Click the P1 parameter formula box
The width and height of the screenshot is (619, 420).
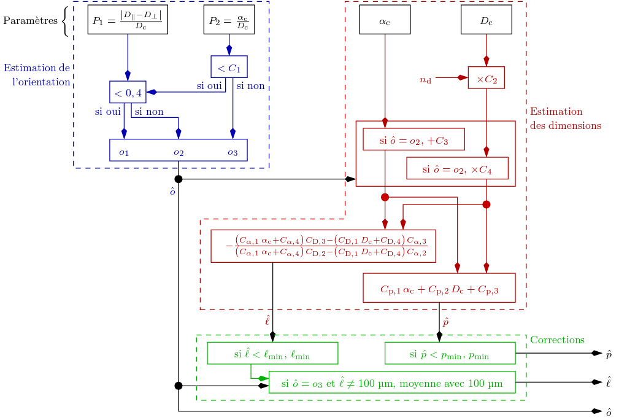128,20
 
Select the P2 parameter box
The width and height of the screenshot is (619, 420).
229,20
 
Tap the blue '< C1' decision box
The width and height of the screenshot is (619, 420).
229,67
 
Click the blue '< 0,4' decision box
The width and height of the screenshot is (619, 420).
128,92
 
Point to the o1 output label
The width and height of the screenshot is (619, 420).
124,151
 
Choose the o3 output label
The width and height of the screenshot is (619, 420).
232,151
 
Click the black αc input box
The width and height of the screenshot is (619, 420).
385,20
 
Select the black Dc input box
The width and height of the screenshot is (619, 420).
486,20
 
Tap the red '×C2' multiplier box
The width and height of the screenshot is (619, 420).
486,78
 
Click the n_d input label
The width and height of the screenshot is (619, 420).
425,79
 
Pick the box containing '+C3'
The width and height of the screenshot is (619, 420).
413,139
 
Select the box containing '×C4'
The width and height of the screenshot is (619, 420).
457,168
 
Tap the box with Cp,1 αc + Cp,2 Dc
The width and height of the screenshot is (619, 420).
439,288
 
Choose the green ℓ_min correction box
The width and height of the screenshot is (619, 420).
272,353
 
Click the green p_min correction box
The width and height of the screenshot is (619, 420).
450,353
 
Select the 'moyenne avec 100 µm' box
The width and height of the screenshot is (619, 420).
392,382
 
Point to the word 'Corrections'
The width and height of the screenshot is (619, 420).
557,340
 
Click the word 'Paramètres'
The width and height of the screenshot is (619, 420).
30,20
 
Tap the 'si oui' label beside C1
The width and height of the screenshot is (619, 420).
209,85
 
